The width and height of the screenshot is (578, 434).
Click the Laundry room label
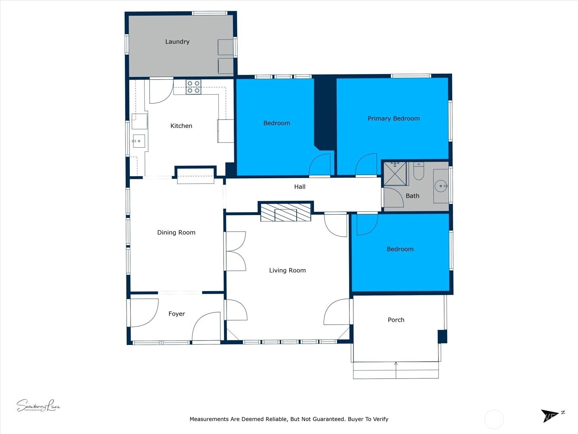177,42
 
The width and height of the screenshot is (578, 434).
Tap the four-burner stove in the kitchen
193,87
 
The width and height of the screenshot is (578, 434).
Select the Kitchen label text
181,126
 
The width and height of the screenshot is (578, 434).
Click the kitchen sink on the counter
138,141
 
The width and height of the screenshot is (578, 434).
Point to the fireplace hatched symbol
285,212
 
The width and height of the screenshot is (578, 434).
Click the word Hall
299,187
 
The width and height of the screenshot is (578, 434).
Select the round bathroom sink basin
441,186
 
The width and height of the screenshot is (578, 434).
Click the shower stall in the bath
395,174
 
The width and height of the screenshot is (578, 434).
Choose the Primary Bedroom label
393,118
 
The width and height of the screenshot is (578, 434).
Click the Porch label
396,320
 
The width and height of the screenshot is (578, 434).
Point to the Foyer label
176,314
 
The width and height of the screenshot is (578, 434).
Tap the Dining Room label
176,233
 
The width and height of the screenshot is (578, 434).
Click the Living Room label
287,270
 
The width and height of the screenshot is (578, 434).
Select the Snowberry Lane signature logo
38,406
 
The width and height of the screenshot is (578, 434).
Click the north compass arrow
549,415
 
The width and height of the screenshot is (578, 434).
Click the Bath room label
412,196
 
